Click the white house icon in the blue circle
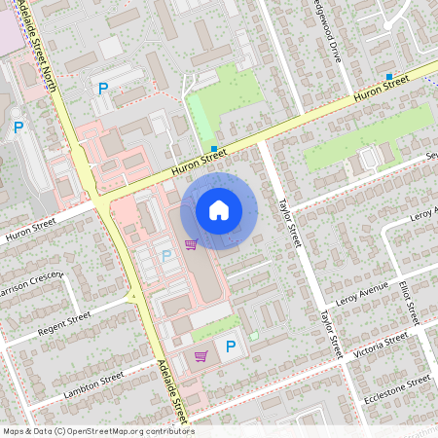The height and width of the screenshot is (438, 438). pos(219,209)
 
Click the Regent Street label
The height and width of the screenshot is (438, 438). pos(64,322)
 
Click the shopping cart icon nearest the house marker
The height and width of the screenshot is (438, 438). pos(191,244)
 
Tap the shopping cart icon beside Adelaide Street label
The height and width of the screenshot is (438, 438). pos(201,356)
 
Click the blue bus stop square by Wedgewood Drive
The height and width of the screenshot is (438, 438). pos(388,76)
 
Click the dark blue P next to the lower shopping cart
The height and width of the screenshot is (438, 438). pos(231,347)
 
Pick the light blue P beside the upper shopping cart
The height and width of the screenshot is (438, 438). pos(165,255)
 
